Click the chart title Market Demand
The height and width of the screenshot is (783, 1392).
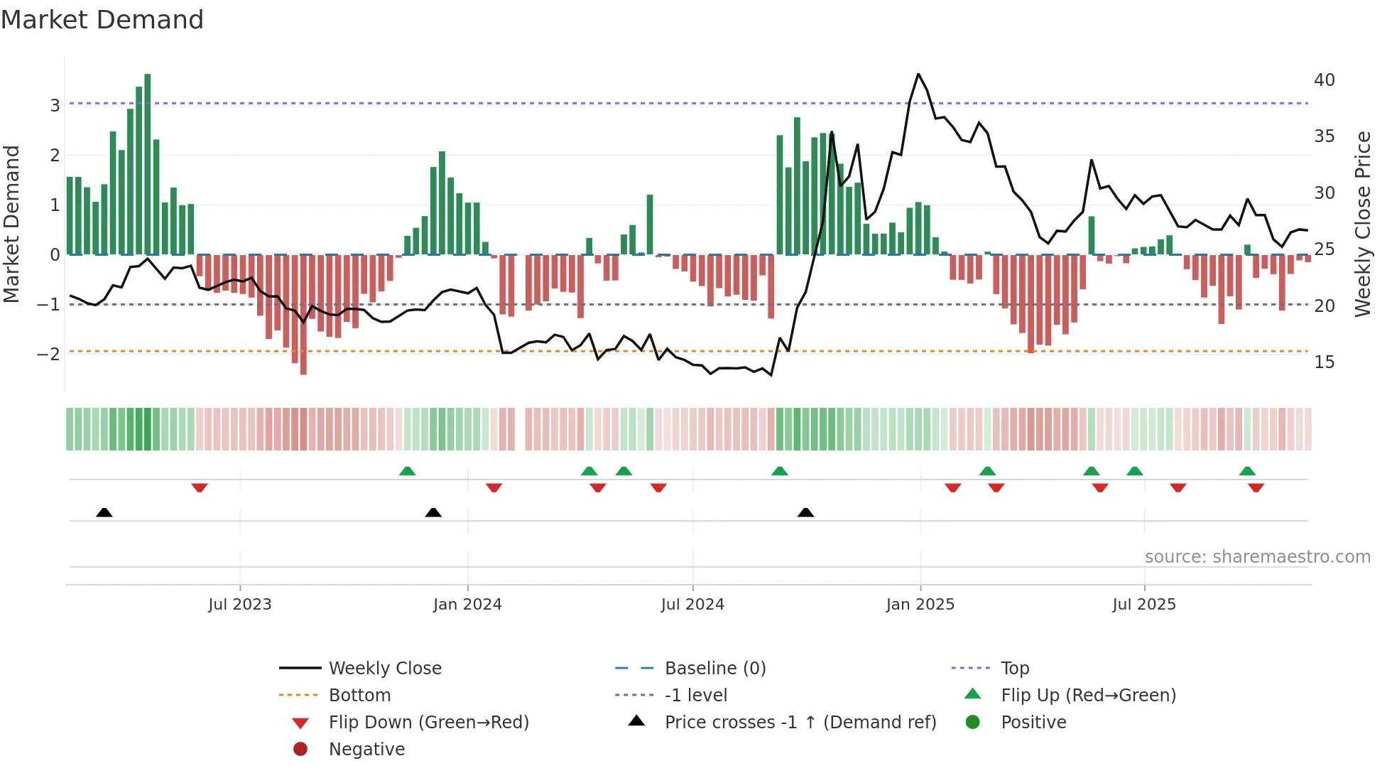click(x=102, y=20)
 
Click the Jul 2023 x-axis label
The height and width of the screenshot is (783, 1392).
click(x=239, y=605)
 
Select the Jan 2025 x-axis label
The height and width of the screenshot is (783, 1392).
click(x=920, y=605)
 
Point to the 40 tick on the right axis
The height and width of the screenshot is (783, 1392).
click(x=1324, y=80)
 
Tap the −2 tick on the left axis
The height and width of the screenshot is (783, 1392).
click(x=48, y=355)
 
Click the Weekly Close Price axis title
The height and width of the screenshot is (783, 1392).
click(x=1362, y=224)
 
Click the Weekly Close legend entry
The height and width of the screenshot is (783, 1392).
click(x=384, y=669)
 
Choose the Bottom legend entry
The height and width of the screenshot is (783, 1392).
click(x=359, y=696)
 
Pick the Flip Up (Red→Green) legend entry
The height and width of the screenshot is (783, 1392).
click(x=1088, y=696)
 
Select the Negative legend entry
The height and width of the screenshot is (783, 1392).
click(x=366, y=750)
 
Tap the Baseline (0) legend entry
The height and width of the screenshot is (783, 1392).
click(x=714, y=669)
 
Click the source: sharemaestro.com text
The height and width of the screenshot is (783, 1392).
click(x=1257, y=557)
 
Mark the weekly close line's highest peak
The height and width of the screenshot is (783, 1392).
click(x=918, y=74)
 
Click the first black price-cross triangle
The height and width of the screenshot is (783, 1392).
click(x=104, y=512)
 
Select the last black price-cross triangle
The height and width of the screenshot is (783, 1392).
click(x=805, y=512)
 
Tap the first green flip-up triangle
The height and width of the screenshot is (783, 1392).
click(x=407, y=471)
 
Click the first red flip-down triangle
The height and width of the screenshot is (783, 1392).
click(x=200, y=487)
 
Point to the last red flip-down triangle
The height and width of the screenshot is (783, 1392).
click(x=1256, y=487)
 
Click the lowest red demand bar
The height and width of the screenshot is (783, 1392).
click(x=303, y=315)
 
